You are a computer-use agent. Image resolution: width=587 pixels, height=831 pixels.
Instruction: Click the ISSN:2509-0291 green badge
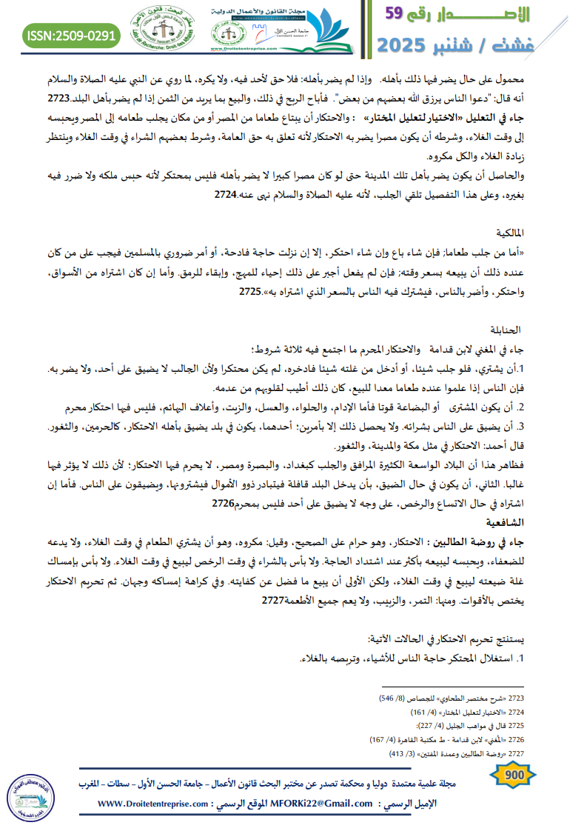click(x=71, y=35)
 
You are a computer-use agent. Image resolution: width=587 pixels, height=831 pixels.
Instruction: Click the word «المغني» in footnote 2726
click(x=489, y=739)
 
